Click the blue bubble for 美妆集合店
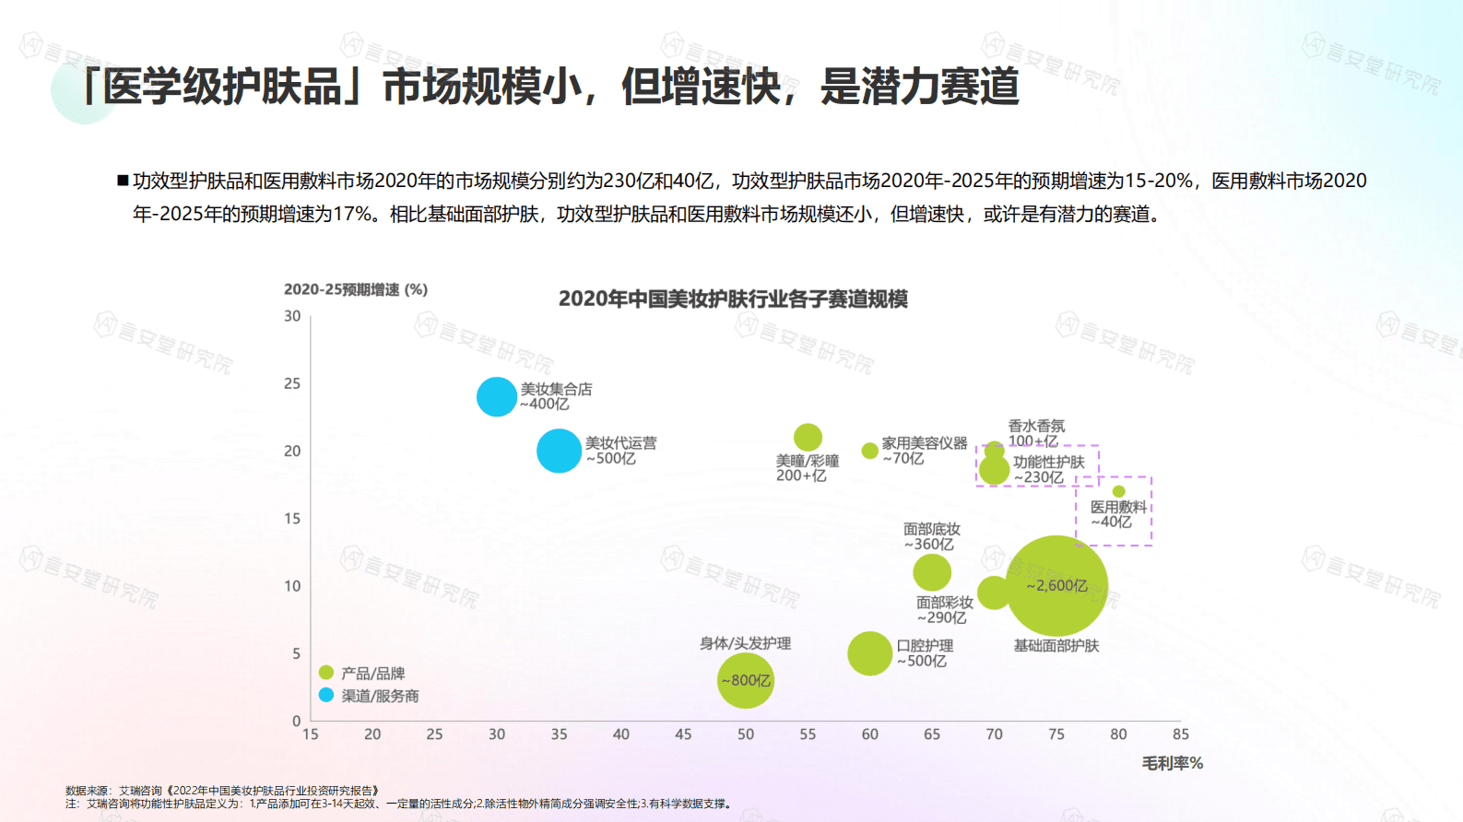pos(496,397)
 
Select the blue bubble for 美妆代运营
pos(559,451)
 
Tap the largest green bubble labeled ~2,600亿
pos(1056,586)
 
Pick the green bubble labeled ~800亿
pos(745,681)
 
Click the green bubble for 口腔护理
pos(869,653)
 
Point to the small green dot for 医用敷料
pos(1118,491)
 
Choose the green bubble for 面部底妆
pos(932,572)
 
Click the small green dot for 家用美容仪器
pos(869,451)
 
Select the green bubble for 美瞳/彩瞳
pos(808,437)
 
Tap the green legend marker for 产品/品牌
pos(326,673)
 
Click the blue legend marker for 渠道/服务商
pos(326,695)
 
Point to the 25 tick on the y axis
pos(292,383)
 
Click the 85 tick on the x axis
pos(1180,734)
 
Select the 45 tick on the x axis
pos(683,734)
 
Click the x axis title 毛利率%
pos(1172,763)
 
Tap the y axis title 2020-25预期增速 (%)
pos(356,289)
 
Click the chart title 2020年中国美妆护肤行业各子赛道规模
pos(733,299)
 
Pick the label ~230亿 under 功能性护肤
pos(1039,477)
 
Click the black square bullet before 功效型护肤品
pos(123,181)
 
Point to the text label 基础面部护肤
pos(1056,646)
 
